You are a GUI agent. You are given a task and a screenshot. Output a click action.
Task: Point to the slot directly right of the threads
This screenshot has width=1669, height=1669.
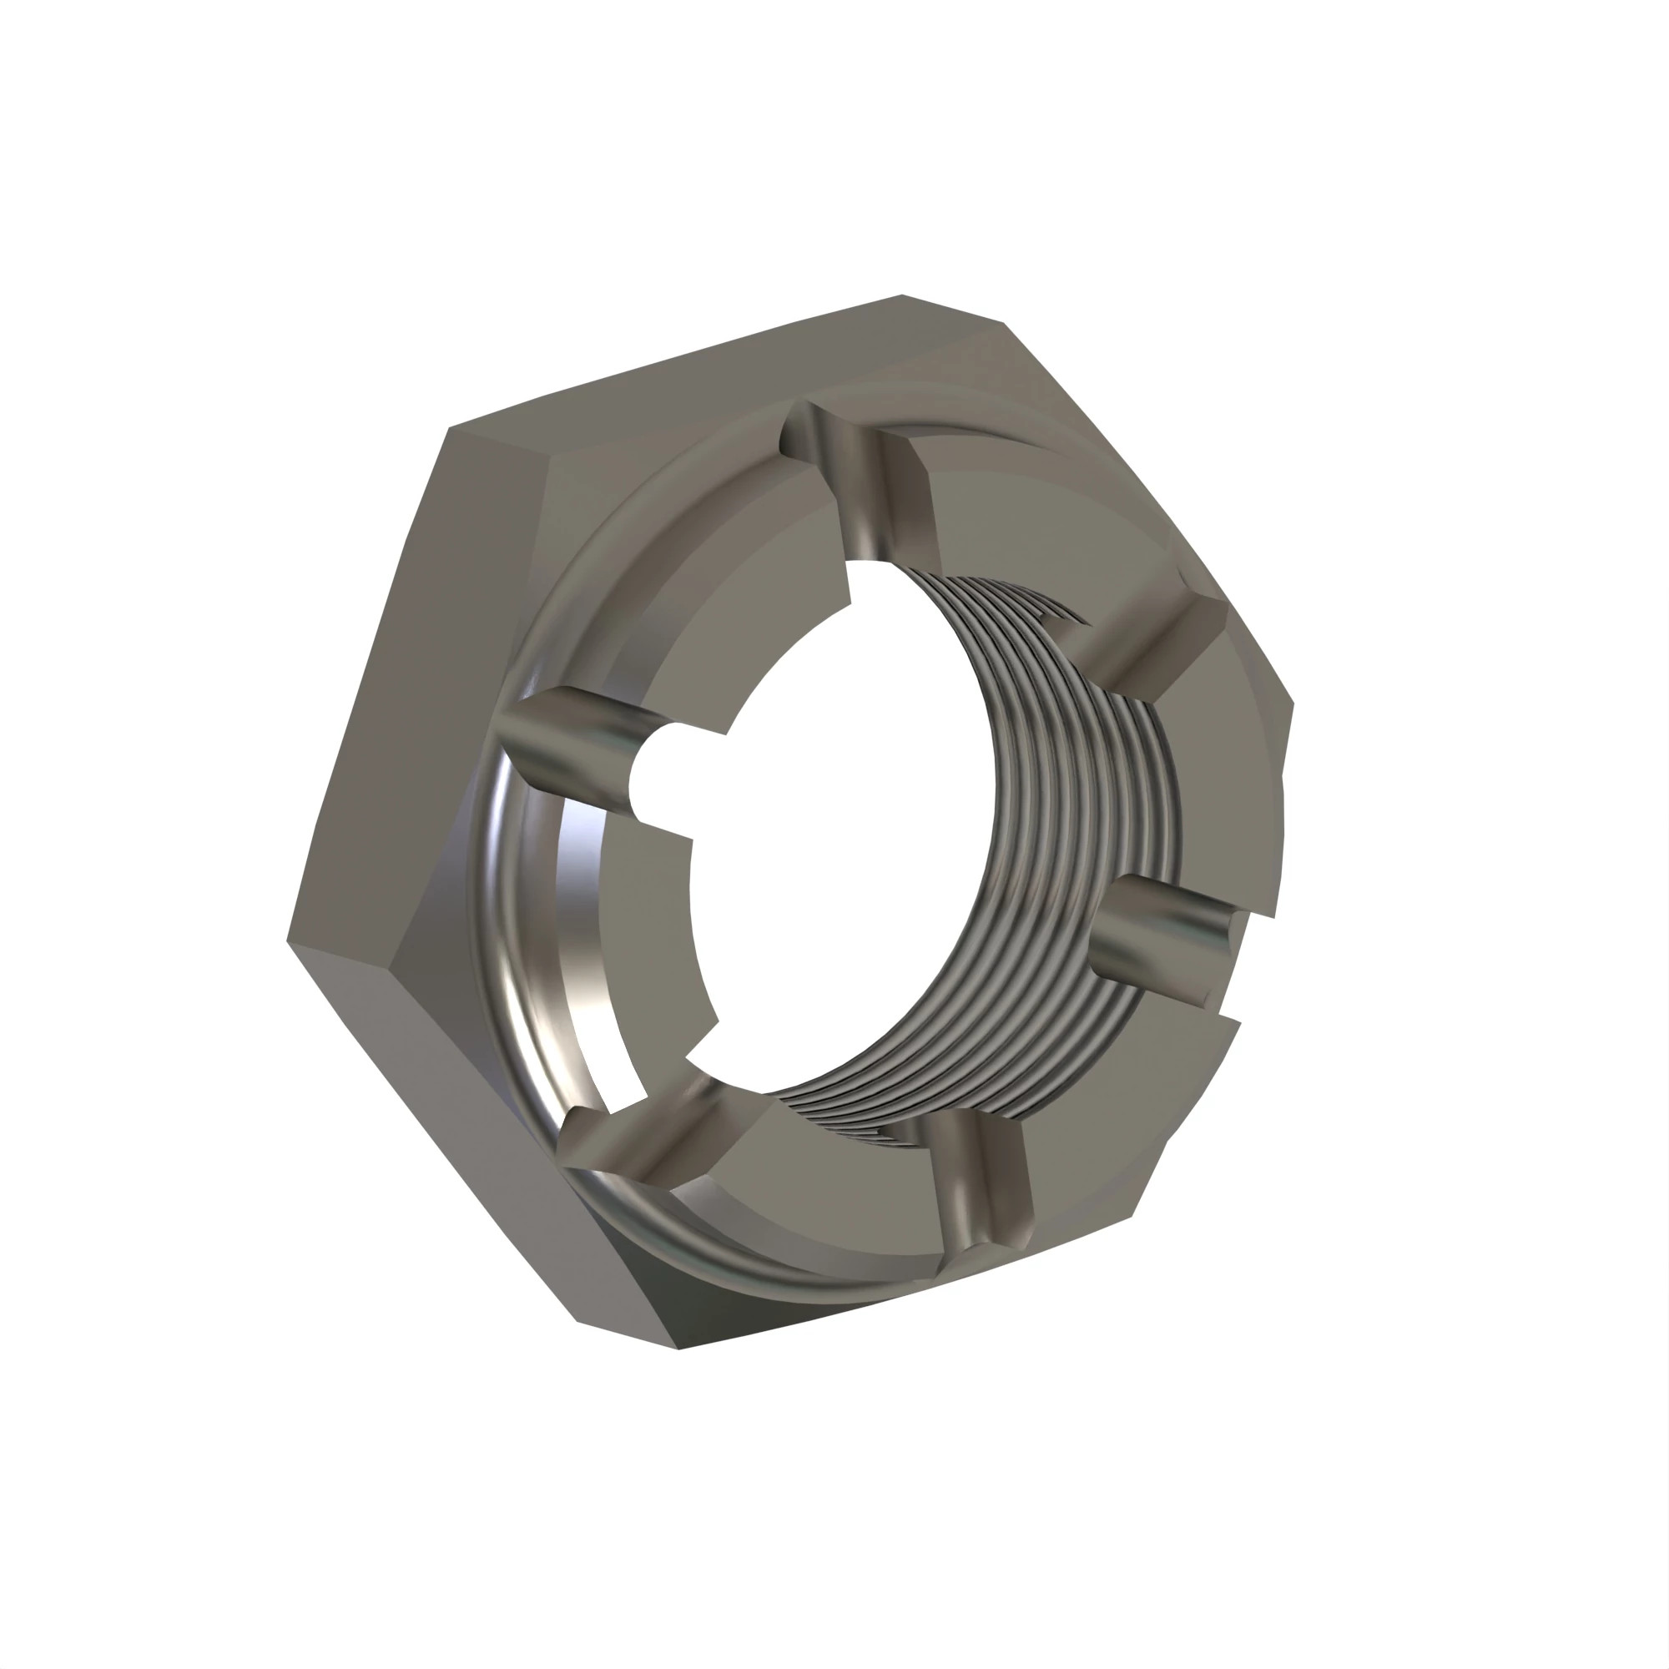point(1167,941)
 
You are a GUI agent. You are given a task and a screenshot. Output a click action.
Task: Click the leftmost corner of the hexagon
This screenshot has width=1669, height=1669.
point(289,941)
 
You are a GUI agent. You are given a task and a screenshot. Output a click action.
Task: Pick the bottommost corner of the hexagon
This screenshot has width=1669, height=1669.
point(679,1349)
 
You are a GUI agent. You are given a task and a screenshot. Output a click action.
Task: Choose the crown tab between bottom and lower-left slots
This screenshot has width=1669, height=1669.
point(829,1183)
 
